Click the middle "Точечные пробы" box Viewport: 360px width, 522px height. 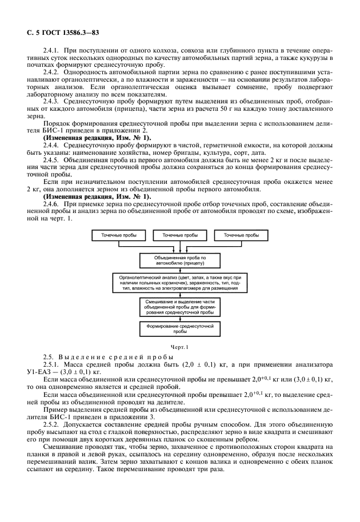pos(180,235)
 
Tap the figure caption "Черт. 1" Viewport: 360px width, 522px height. pos(179,346)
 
